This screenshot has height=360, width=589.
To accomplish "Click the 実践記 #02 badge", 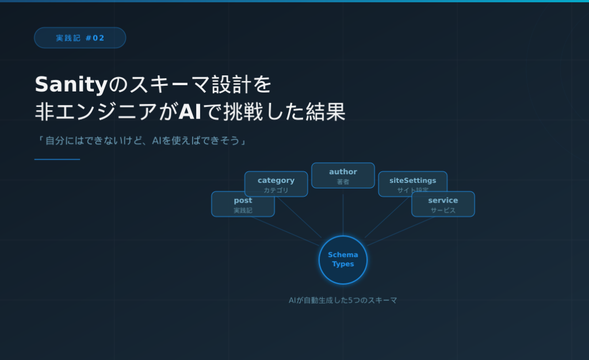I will pos(80,38).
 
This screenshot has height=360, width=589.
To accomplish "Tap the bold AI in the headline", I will pos(189,112).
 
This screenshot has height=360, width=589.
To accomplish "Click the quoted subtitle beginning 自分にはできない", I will pos(141,140).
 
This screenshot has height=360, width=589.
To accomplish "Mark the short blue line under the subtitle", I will pos(57,159).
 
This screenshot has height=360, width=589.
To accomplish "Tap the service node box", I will pos(443,204).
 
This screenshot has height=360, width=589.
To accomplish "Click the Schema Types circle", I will pos(343,259).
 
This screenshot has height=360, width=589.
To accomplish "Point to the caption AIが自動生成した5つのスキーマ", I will pos(343,300).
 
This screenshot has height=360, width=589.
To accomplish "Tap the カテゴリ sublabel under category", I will pos(276,190).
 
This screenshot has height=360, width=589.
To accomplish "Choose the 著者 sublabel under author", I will pos(343,182).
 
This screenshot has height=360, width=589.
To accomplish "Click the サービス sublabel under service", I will pos(443,210).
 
